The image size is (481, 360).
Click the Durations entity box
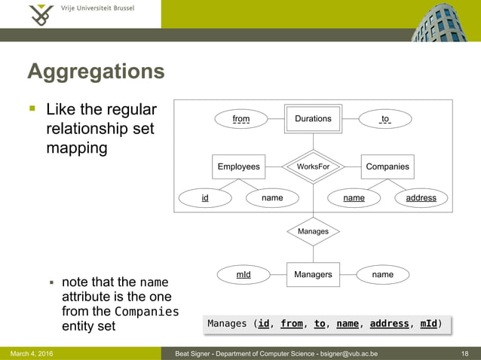coord(313,119)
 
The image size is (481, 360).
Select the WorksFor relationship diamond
coord(313,166)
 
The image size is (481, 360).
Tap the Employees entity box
coord(238,166)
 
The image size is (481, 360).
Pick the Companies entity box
coord(387,166)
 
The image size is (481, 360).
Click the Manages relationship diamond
coord(313,231)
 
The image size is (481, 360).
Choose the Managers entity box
coord(313,274)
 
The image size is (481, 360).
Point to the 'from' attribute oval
coord(241,119)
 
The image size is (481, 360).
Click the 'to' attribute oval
coord(384,119)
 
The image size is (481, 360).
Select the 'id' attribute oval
coord(205,198)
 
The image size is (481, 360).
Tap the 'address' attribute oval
coord(421,198)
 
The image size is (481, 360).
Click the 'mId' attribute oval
coord(244,275)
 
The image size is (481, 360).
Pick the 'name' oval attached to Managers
coord(382,274)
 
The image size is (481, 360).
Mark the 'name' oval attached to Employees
coord(272,198)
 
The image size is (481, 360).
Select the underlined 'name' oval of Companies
coord(354,198)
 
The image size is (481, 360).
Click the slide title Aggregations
coord(96,72)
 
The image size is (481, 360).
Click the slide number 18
coord(464,353)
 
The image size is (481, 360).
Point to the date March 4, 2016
coord(32,353)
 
